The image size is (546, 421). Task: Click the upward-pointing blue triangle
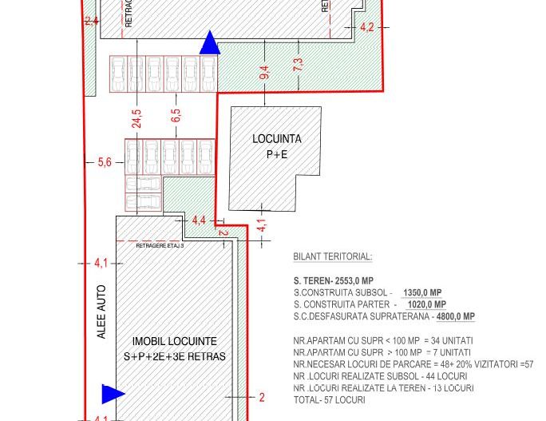209,44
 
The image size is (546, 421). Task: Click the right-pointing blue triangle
113,393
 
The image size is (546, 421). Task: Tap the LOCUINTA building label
276,139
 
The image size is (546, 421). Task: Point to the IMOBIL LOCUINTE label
174,342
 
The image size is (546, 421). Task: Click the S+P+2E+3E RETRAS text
174,356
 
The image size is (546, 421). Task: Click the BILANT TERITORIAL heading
332,257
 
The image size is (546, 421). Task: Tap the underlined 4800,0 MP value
455,316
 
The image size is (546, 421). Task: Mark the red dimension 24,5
137,119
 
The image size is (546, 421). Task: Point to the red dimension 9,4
264,73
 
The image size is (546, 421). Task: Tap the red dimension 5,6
105,162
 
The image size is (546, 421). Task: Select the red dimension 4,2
367,27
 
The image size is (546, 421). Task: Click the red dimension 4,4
199,220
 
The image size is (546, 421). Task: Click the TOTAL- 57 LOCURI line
329,399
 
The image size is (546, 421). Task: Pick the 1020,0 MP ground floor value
426,304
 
